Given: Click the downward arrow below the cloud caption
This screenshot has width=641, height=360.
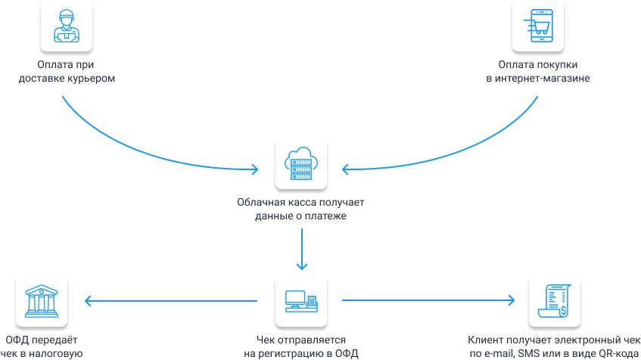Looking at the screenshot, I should (x=302, y=250).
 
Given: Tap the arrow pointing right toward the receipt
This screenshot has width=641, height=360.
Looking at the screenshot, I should (x=431, y=302).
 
